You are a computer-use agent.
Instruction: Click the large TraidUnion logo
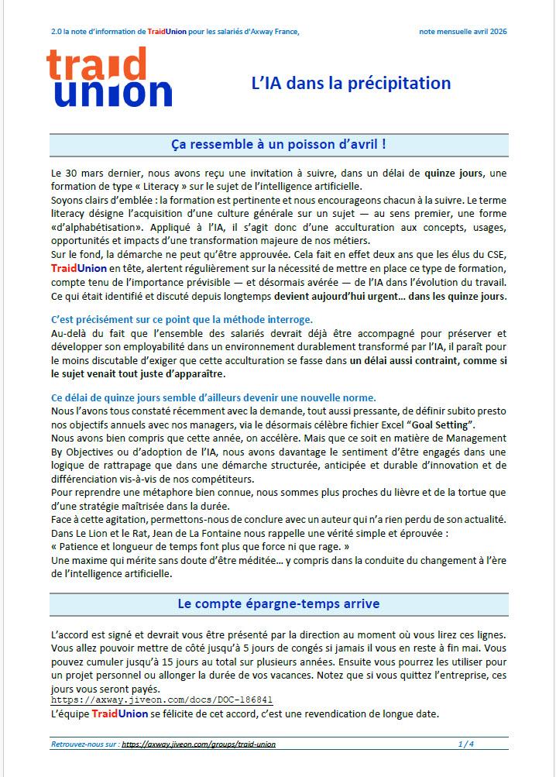108,77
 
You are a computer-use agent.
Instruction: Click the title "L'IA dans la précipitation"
351,83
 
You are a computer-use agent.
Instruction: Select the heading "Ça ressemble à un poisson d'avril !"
278,145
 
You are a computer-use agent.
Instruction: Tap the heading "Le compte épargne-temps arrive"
278,603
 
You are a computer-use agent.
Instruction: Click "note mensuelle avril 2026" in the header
463,31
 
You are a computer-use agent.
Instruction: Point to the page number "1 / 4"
465,744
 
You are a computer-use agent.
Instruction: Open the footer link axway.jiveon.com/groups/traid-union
198,744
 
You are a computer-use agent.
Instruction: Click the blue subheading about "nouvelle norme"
213,397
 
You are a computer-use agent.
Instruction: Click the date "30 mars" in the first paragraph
83,172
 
